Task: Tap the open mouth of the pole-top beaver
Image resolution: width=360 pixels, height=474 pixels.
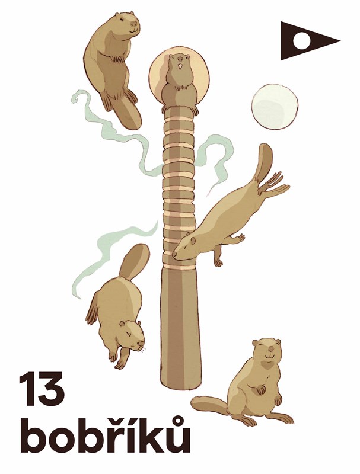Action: tap(180, 66)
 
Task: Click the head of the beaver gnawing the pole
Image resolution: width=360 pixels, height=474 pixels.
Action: tap(185, 246)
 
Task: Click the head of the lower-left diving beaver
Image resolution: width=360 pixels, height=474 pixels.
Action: tap(132, 335)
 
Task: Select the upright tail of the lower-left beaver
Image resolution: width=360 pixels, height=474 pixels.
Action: tap(133, 262)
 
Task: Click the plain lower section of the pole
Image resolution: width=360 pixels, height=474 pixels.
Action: tap(180, 326)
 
